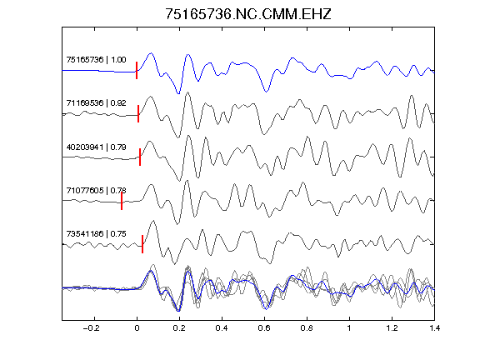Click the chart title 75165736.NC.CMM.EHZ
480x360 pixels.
tap(248, 14)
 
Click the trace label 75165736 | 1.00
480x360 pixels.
tap(96, 59)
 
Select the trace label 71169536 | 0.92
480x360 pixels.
tap(96, 102)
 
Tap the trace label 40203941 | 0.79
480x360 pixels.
tap(96, 147)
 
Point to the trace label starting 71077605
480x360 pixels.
tap(96, 191)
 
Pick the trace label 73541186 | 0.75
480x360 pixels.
tap(96, 234)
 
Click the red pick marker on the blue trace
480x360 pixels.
tap(137, 70)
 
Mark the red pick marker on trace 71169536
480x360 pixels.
tap(138, 114)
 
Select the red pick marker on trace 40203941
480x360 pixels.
tap(140, 157)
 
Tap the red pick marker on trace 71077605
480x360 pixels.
tap(122, 201)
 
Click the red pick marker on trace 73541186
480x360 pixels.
tap(142, 244)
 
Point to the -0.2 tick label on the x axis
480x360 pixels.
tap(91, 328)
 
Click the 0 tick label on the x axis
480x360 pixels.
tap(137, 328)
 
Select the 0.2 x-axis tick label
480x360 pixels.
tap(179, 328)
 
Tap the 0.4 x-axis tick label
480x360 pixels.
tap(222, 328)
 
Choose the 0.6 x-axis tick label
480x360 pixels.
tap(264, 328)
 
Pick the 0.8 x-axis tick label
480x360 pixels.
tap(307, 328)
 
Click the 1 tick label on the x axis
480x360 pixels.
tap(349, 328)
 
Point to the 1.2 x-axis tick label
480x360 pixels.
tap(392, 328)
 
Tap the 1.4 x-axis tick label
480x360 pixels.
tap(435, 328)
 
